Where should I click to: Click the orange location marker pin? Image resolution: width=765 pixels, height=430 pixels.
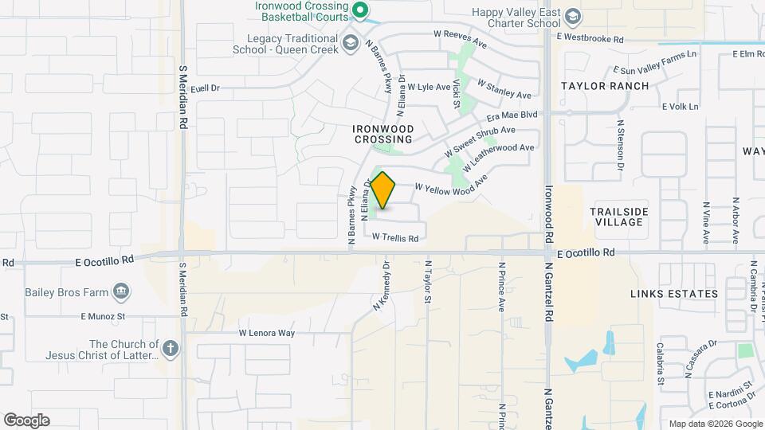click(383, 190)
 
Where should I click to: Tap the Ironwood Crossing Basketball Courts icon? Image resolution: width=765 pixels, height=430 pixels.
click(359, 10)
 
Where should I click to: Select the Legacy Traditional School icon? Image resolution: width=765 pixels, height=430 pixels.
click(350, 42)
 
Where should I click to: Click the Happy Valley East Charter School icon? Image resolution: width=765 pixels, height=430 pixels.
click(572, 17)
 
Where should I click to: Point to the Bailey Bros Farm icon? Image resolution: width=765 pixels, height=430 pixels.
click(120, 292)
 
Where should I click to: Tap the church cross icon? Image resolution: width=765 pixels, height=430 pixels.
click(170, 348)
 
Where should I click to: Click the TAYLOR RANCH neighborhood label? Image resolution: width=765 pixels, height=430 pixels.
click(605, 86)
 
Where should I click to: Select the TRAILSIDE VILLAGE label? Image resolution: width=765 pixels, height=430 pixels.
click(619, 217)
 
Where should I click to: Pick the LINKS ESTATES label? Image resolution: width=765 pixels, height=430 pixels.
click(674, 294)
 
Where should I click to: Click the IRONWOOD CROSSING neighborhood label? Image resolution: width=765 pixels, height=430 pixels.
click(383, 134)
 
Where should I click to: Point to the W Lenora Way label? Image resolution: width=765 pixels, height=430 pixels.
click(267, 333)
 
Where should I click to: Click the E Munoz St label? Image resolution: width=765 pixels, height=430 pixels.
click(104, 316)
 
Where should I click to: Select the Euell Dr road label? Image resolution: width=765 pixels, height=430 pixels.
click(204, 88)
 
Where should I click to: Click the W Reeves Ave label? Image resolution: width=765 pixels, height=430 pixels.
click(460, 35)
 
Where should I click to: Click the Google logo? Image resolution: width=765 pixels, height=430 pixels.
click(27, 420)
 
